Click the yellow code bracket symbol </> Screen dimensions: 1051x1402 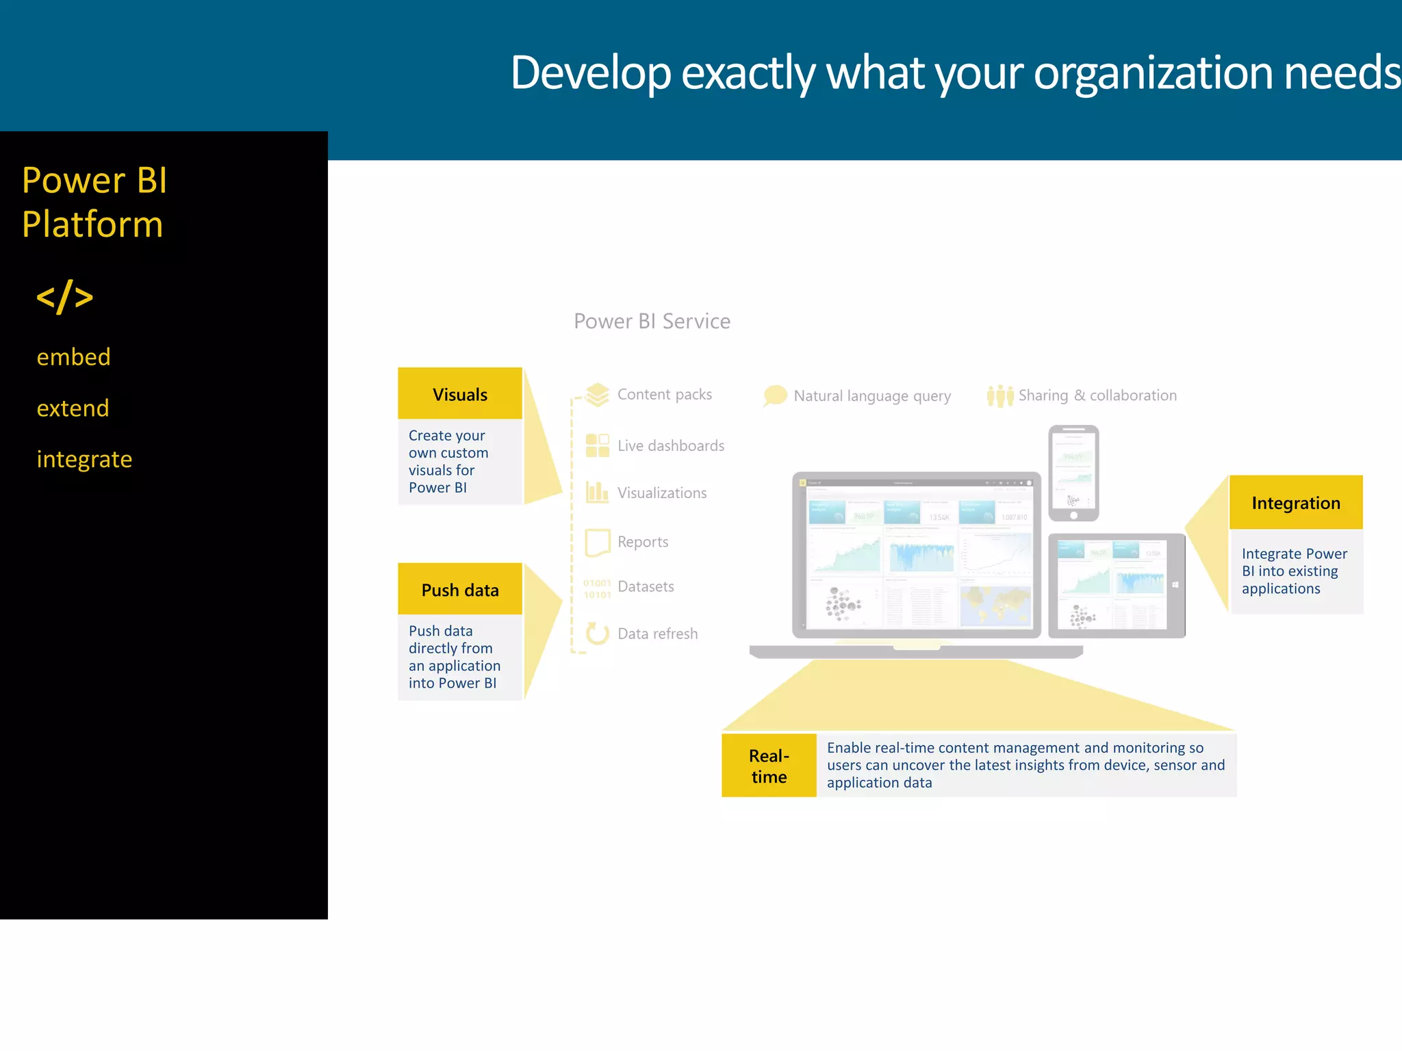[65, 297]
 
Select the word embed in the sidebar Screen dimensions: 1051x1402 [73, 357]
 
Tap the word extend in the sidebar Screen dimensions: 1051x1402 [73, 408]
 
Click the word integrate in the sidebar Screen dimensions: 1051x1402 [84, 459]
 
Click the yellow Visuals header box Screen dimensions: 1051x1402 [459, 394]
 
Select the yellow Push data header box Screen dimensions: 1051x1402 [459, 589]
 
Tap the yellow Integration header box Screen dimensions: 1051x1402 [1295, 503]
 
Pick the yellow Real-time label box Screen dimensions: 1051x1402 [769, 766]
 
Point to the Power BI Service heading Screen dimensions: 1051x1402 [652, 321]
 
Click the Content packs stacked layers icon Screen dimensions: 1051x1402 [597, 394]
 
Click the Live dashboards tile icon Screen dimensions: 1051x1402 [597, 445]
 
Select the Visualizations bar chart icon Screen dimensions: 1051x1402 [597, 492]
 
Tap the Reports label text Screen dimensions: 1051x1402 [642, 542]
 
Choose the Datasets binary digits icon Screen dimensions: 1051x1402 [597, 588]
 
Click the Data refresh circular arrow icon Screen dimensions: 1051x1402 [597, 634]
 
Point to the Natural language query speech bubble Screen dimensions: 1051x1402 [775, 395]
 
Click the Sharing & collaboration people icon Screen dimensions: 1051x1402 [999, 395]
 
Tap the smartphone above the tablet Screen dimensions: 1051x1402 [1073, 473]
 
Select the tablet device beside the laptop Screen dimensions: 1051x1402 [1116, 586]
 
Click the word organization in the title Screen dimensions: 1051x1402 [1153, 73]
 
